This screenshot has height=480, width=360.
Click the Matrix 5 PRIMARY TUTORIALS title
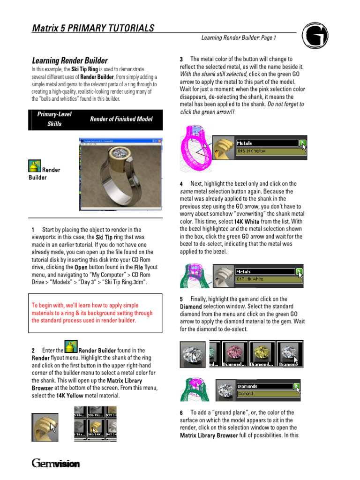click(x=93, y=28)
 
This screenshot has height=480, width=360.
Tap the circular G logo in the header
click(x=315, y=36)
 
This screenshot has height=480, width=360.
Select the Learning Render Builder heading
click(x=69, y=60)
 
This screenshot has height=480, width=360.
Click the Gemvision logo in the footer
click(x=56, y=464)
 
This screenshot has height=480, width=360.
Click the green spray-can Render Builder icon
click(x=34, y=166)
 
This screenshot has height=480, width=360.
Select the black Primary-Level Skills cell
click(x=54, y=120)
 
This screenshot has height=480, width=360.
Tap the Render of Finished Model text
click(x=121, y=119)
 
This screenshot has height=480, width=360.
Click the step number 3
click(x=181, y=60)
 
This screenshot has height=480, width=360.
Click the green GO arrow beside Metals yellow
click(x=302, y=143)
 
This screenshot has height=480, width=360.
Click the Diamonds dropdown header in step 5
click(x=264, y=386)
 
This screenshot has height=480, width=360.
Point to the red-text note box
click(x=96, y=313)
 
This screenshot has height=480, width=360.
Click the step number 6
click(x=181, y=413)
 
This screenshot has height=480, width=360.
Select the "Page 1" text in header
click(x=268, y=37)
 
